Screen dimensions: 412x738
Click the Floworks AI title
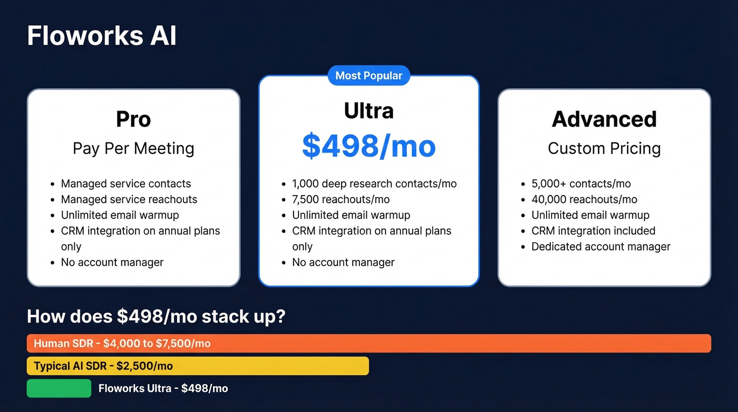(x=102, y=36)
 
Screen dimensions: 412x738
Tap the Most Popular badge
(x=368, y=75)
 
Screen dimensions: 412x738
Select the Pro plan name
(x=133, y=119)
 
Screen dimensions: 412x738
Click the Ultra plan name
(x=368, y=111)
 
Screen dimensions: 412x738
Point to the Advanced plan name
(x=604, y=119)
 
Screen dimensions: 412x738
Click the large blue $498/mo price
(x=368, y=146)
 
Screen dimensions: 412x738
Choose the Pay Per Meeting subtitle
(x=133, y=149)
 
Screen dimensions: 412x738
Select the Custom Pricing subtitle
(x=604, y=149)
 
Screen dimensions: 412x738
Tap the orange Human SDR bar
(x=368, y=343)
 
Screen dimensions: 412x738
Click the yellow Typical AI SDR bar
(x=198, y=366)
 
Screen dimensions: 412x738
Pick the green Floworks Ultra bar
(x=59, y=388)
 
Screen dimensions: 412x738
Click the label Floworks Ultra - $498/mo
(x=163, y=389)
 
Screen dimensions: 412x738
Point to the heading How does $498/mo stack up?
(x=156, y=317)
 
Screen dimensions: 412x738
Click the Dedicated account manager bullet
(x=600, y=247)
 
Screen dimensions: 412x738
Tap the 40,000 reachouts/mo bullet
(x=584, y=199)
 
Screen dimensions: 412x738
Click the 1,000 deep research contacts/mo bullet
(x=374, y=184)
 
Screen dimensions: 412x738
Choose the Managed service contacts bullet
(x=126, y=184)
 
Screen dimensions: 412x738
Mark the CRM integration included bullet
(x=593, y=231)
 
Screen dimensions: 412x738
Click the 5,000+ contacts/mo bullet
(x=581, y=184)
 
